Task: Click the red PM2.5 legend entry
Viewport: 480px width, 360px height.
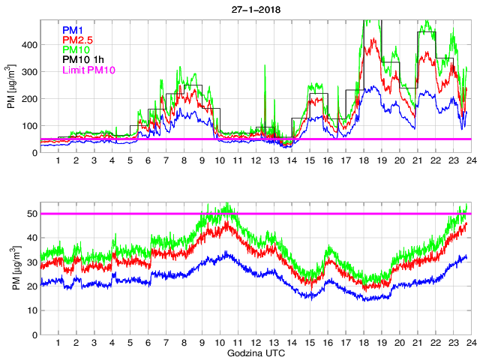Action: click(79, 39)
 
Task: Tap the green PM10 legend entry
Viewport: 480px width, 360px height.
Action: click(77, 49)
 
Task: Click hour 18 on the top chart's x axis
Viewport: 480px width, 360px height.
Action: click(363, 161)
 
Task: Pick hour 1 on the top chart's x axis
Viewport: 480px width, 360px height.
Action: click(58, 161)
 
